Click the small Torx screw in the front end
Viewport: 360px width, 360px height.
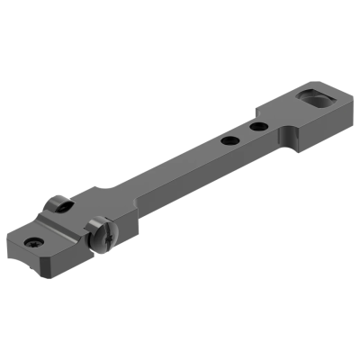34,240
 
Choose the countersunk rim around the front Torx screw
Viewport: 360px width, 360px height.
40,243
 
